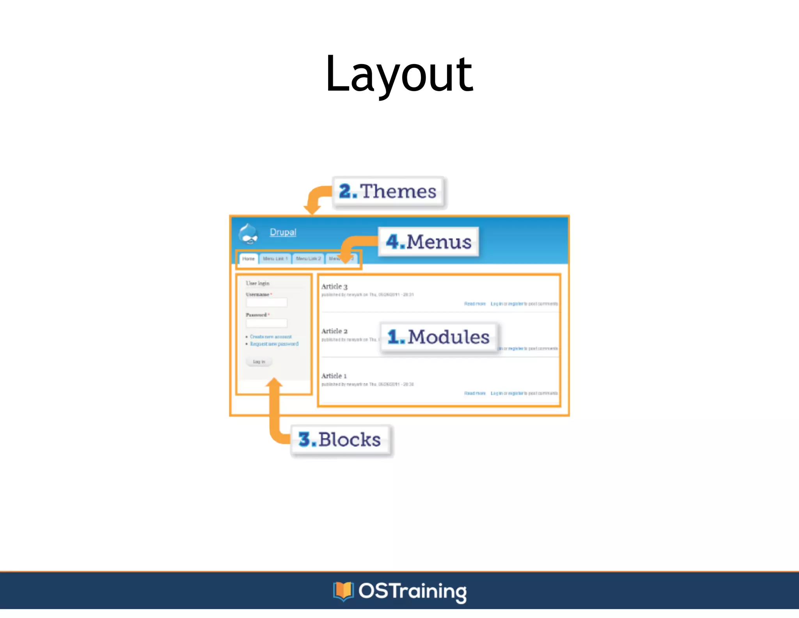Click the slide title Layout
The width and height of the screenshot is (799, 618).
tap(399, 74)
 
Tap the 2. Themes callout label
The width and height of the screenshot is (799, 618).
tap(388, 192)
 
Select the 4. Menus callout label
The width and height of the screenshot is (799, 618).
tap(428, 242)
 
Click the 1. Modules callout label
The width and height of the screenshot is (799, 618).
tap(439, 337)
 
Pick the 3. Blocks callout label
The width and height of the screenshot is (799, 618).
tap(340, 440)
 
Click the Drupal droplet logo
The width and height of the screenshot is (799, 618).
tap(249, 234)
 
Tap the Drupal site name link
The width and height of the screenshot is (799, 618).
tap(283, 232)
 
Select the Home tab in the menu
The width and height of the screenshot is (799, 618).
tap(248, 259)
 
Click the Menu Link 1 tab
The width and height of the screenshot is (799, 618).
tap(275, 259)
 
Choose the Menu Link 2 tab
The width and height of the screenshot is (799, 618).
tap(308, 259)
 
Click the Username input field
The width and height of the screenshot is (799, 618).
tap(266, 302)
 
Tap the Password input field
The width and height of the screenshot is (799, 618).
tap(266, 323)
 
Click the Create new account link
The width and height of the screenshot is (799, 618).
tap(271, 337)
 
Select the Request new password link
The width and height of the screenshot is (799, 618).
tap(274, 344)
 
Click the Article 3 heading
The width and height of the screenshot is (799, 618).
tap(334, 287)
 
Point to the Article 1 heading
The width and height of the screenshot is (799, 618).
tap(334, 376)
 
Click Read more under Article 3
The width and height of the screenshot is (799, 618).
tap(474, 304)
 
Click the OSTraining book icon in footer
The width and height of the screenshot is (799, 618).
tap(343, 591)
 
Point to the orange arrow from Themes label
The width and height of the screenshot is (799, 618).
tap(314, 199)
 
